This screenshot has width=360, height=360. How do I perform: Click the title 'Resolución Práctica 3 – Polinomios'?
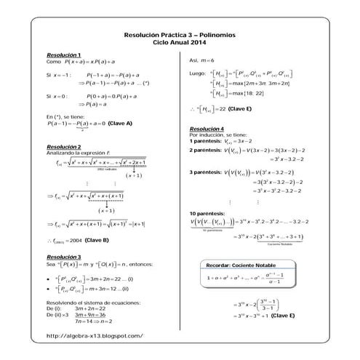180,35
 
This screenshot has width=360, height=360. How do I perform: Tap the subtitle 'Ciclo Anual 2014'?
180,43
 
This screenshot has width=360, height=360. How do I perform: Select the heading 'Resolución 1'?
63,55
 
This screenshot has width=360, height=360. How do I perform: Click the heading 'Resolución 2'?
63,146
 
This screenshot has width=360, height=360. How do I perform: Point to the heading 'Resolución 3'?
63,257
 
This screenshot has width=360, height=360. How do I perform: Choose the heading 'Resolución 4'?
207,129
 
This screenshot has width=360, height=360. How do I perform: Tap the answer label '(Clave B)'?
97,239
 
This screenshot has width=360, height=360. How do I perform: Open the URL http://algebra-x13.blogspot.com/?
94,335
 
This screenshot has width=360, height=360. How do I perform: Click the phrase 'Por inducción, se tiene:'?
218,135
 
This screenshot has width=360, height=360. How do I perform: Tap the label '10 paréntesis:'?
206,212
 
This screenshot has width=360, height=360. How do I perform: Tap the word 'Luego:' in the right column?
197,73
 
